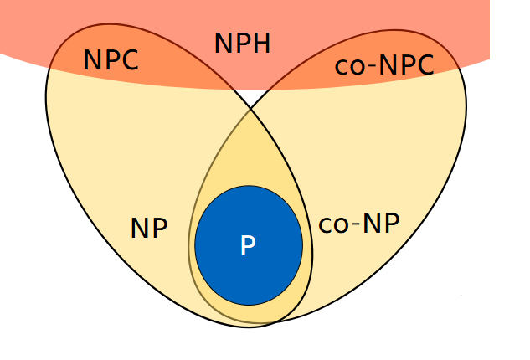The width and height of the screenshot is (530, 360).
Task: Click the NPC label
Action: tap(111, 59)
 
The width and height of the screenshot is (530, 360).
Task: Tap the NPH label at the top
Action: tap(243, 44)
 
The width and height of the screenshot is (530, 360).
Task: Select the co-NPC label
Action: tap(384, 66)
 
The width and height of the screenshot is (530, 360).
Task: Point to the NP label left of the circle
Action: tap(149, 229)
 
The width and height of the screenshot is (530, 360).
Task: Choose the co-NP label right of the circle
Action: tap(358, 224)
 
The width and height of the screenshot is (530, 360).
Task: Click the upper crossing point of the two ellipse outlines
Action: tap(250, 108)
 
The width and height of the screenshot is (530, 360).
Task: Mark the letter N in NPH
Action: tap(224, 44)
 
